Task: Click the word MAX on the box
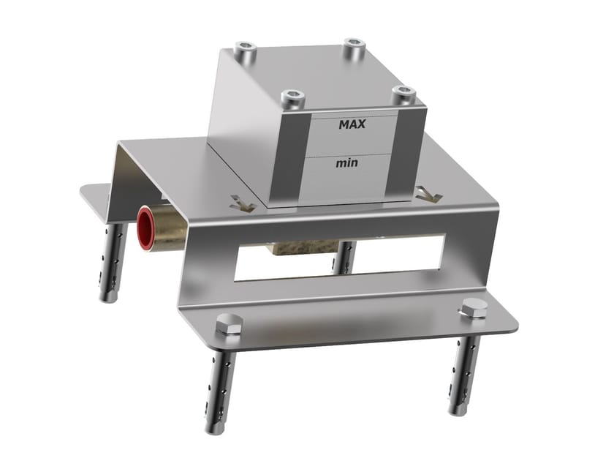(x=352, y=124)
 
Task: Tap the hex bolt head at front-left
(x=229, y=323)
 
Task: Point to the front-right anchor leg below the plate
(x=465, y=373)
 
